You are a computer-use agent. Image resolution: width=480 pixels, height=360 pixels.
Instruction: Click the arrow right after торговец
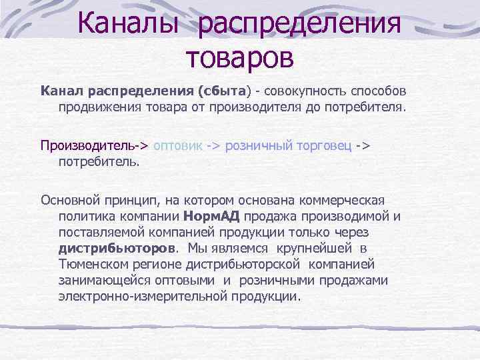(363, 145)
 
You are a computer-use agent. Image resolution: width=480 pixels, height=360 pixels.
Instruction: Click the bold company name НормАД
(211, 216)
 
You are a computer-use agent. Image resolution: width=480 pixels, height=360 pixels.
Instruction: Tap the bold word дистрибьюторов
(117, 248)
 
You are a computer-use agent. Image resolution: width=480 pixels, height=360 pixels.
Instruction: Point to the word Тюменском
(94, 264)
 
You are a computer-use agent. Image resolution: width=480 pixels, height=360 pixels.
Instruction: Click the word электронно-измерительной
(143, 296)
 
